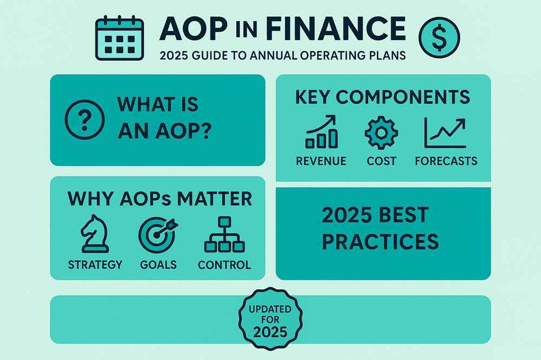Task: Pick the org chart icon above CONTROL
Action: [x=224, y=236]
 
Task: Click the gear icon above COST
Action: [x=381, y=132]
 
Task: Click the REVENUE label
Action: [x=321, y=161]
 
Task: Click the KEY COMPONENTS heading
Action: [x=382, y=97]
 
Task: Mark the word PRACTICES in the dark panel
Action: [x=380, y=241]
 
